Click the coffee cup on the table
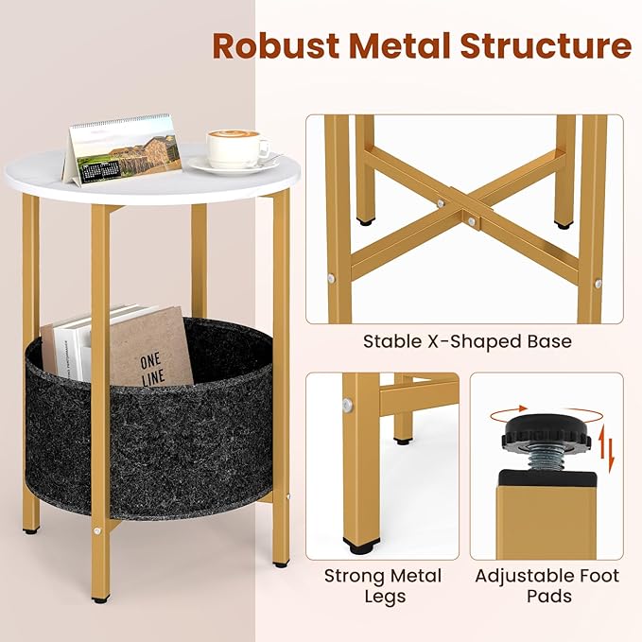pos(235,148)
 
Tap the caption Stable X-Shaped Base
pos(467,341)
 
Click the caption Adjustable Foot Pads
pos(547,586)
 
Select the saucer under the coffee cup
pos(233,167)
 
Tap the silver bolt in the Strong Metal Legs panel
pos(350,404)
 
